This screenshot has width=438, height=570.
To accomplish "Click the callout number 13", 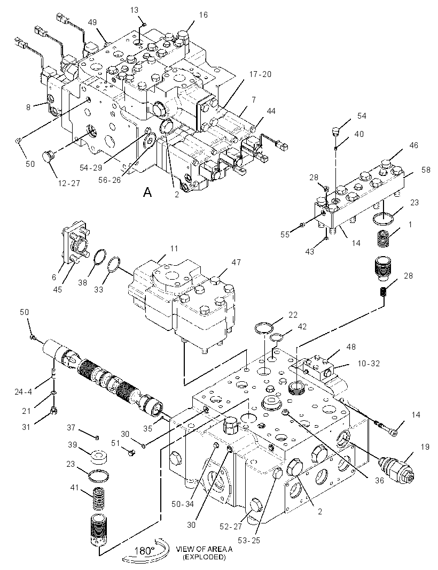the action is (135, 10).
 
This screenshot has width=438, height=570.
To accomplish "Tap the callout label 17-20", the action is (260, 74).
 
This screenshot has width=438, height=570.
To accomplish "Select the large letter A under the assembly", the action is (147, 191).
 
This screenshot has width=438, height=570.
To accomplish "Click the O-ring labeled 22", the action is (264, 328).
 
